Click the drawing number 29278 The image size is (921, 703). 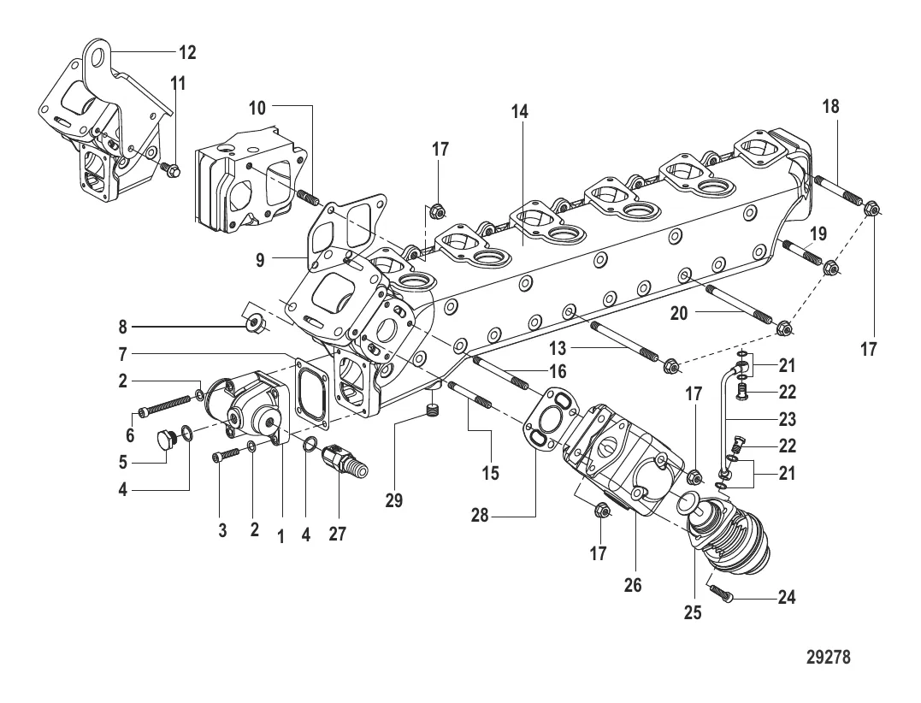(828, 659)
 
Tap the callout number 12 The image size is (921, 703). (186, 53)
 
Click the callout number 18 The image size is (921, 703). (830, 107)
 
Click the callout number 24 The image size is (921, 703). (786, 598)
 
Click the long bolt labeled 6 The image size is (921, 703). (170, 403)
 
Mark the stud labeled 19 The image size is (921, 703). (800, 253)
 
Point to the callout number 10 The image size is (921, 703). (257, 108)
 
